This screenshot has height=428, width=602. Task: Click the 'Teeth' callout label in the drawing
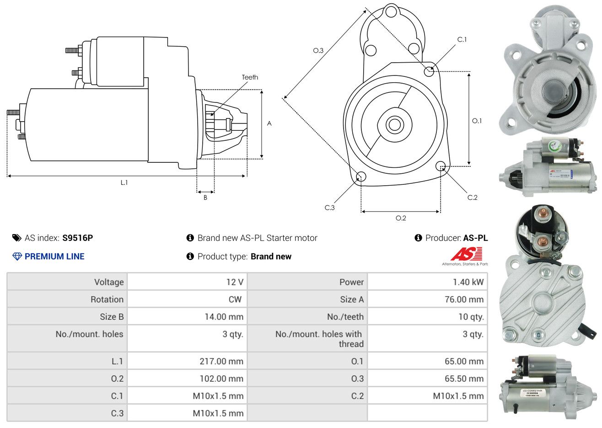[250, 77]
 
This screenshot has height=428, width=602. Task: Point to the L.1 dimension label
[124, 182]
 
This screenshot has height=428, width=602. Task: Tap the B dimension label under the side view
[205, 198]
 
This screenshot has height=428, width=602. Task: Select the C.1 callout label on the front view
[462, 40]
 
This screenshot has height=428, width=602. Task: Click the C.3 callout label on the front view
[330, 208]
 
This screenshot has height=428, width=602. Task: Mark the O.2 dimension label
[401, 218]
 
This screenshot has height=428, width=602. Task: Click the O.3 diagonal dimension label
[318, 50]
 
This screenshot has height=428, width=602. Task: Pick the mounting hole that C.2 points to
[441, 166]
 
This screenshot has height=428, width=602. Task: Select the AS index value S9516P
[78, 238]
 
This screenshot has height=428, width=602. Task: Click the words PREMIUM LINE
[54, 257]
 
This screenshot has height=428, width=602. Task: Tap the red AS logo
[466, 254]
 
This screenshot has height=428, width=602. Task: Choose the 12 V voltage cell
[235, 282]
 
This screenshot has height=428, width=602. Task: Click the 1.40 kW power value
[468, 282]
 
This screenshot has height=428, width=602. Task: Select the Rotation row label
[107, 300]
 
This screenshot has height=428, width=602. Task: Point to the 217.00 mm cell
[221, 361]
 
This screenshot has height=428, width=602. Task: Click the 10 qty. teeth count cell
[471, 317]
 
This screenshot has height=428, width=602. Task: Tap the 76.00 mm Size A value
[464, 300]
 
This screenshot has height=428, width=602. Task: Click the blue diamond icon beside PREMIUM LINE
[17, 257]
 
